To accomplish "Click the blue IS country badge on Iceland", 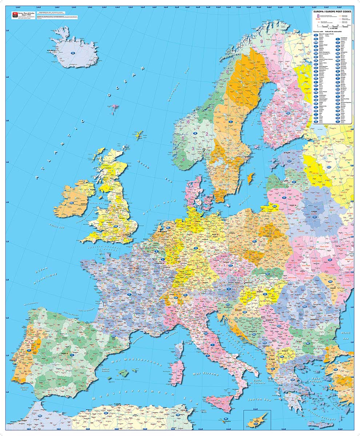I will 73,53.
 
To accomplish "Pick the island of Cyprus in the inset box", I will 257,422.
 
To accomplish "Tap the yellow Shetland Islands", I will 139,136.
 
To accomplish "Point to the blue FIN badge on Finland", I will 288,113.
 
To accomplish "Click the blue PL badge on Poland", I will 255,241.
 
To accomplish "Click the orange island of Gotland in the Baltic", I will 250,178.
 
